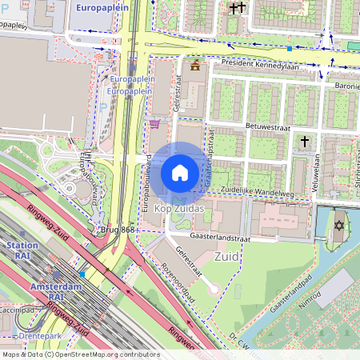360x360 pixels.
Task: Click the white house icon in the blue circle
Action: pyautogui.click(x=180, y=173)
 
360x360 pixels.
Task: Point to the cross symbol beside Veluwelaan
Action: pyautogui.click(x=304, y=142)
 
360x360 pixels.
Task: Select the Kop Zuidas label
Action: pyautogui.click(x=179, y=209)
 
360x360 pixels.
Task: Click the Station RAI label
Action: pyautogui.click(x=22, y=251)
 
